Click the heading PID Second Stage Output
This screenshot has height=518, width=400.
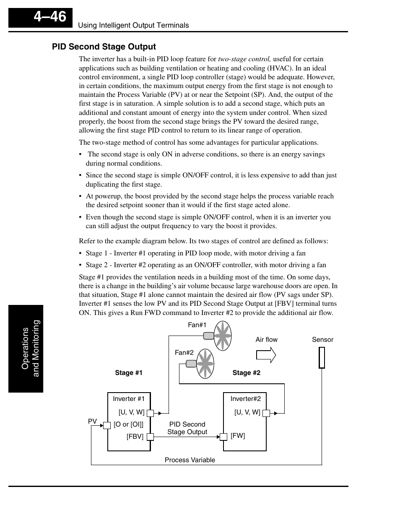click(104, 47)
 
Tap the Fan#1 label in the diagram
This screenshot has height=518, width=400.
click(197, 325)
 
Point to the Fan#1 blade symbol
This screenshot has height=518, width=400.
click(223, 336)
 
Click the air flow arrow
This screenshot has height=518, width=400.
click(266, 355)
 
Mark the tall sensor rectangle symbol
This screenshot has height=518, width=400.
click(322, 358)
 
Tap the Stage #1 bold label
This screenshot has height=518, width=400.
click(129, 373)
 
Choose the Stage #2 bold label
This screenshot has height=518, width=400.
click(246, 373)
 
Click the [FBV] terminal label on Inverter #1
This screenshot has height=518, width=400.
click(135, 437)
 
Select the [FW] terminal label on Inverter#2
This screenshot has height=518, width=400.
click(238, 436)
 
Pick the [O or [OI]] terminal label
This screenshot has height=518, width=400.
click(128, 424)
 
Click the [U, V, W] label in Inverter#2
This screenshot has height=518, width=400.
click(247, 412)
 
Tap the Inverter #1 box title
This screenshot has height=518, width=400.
click(128, 399)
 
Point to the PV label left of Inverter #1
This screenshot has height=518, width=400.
click(92, 421)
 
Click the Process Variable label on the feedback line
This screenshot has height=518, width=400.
click(190, 460)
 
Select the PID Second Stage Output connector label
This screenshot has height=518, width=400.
click(187, 428)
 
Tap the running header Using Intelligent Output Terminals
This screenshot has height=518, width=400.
click(133, 25)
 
